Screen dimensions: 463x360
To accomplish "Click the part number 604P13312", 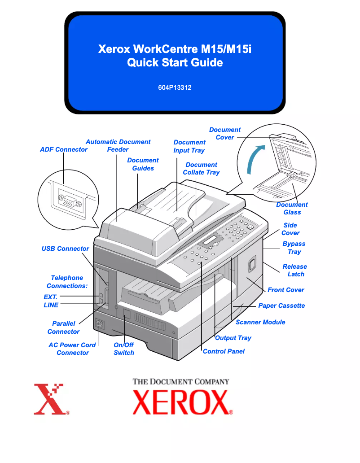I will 175,87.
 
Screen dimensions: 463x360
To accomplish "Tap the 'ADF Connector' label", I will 64,149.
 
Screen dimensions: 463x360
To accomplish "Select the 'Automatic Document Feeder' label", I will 118,146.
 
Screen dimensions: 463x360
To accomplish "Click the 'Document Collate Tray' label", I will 201,169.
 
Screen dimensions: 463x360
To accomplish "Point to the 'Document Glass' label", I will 292,209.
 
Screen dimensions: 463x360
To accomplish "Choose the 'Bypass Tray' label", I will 294,248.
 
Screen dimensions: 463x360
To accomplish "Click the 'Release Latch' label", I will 295,270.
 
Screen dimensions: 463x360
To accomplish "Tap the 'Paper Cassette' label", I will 281,306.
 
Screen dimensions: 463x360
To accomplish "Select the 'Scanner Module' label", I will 260,322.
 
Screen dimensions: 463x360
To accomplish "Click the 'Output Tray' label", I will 233,338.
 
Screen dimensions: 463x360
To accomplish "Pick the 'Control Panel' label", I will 224,351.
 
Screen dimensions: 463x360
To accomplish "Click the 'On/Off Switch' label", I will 124,349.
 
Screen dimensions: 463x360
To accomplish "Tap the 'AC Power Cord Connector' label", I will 72,349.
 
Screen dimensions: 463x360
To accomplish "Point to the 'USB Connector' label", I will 66,249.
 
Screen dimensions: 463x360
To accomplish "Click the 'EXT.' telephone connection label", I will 50,297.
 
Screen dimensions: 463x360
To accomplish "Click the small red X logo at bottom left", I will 49,399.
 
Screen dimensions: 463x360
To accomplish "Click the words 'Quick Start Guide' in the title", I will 175,62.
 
